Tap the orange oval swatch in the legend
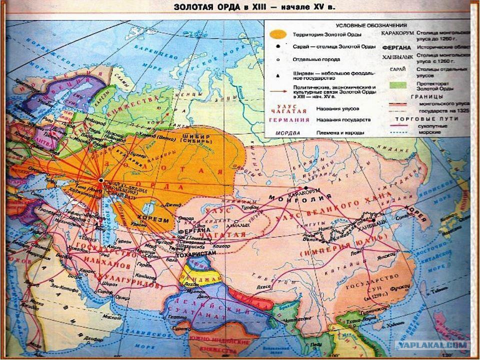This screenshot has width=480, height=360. (x=277, y=34)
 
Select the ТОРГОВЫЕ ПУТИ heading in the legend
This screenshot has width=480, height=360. (x=417, y=119)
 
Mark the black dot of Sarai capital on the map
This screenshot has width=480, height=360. (x=101, y=180)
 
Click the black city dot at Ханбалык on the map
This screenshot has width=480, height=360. (x=373, y=219)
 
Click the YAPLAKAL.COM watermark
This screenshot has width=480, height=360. (x=433, y=345)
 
